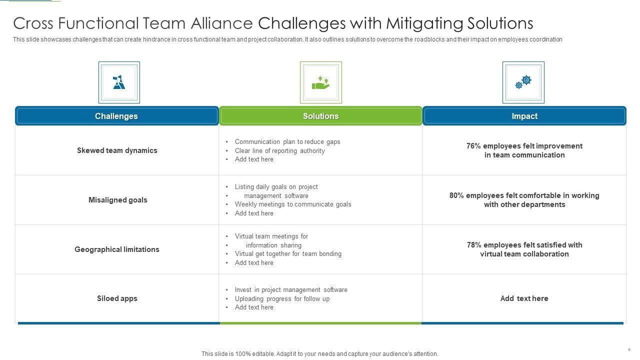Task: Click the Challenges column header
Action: pyautogui.click(x=116, y=116)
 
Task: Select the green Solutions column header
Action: pyautogui.click(x=320, y=116)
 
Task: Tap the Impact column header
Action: pyautogui.click(x=524, y=116)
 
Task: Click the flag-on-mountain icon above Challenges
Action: pyautogui.click(x=119, y=82)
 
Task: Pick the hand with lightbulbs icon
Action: pyautogui.click(x=320, y=82)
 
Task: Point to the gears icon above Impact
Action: pyautogui.click(x=523, y=82)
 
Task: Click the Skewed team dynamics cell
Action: pyautogui.click(x=117, y=150)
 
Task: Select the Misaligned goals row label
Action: pyautogui.click(x=118, y=200)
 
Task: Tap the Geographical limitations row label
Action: pyautogui.click(x=117, y=249)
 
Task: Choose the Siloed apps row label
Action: pyautogui.click(x=117, y=298)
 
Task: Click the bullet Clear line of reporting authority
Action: pyautogui.click(x=279, y=150)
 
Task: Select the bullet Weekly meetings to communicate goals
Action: pyautogui.click(x=293, y=204)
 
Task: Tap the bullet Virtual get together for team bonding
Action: pyautogui.click(x=288, y=253)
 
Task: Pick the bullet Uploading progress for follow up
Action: pyautogui.click(x=282, y=298)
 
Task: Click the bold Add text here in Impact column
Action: pyautogui.click(x=524, y=298)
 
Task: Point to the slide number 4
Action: pyautogui.click(x=628, y=349)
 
